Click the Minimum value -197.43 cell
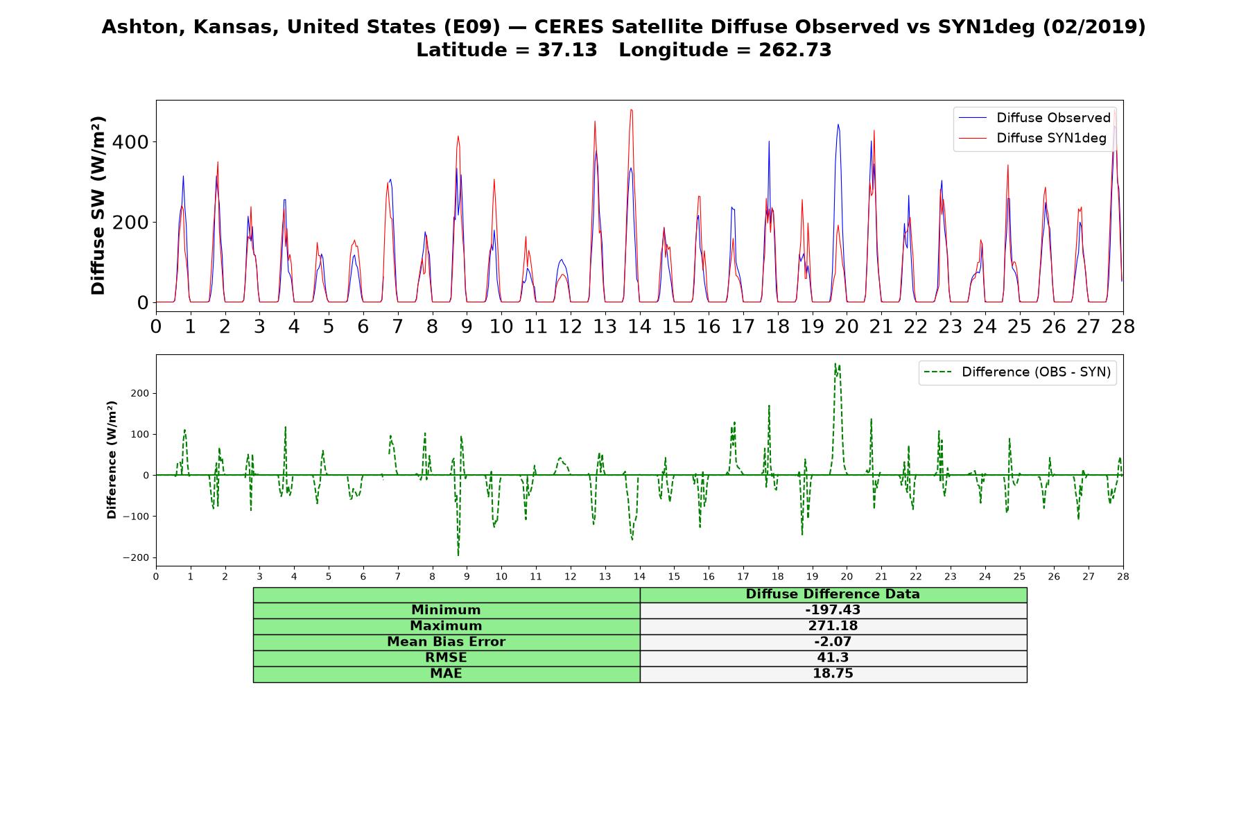(833, 610)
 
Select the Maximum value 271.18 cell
(833, 626)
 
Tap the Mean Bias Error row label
(447, 642)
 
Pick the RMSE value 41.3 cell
(833, 658)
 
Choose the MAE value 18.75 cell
(833, 674)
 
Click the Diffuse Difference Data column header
(833, 594)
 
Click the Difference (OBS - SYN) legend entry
(1017, 372)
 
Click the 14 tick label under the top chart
(639, 327)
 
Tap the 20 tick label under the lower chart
(846, 577)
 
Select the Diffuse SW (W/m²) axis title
(98, 206)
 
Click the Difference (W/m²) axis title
(112, 460)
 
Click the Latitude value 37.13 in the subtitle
(567, 50)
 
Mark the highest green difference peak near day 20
(835, 363)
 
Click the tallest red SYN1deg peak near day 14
(631, 110)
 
